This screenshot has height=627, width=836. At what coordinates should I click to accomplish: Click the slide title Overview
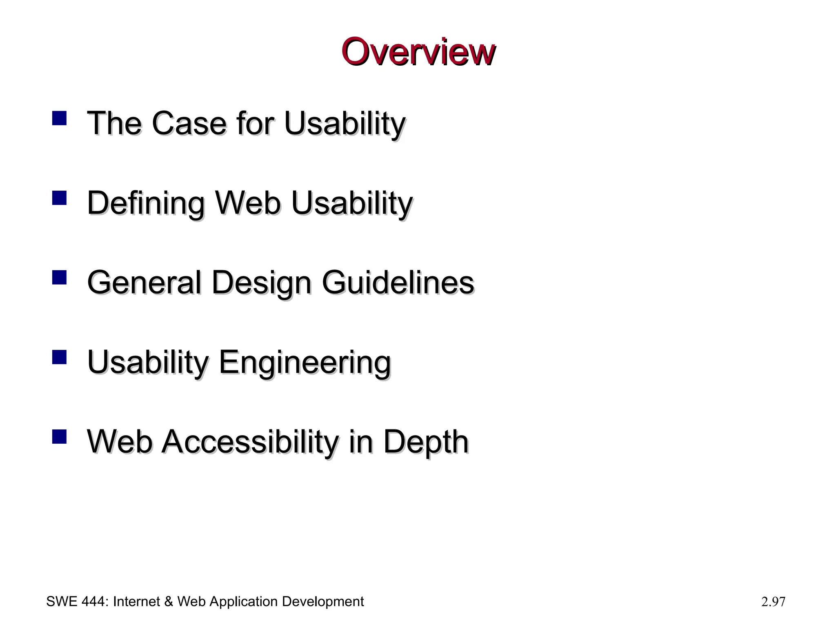point(418,52)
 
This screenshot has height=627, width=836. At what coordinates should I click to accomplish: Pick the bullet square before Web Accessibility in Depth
point(59,437)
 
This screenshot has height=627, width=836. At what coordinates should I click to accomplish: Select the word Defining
point(146,203)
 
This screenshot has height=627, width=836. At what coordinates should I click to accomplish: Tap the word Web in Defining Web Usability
point(248,203)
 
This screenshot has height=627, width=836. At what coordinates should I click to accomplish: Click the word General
point(144,282)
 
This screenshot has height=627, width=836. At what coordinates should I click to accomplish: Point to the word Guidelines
point(398,282)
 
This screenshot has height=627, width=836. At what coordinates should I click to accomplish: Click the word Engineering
point(305,362)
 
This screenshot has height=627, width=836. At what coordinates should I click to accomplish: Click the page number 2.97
point(773,602)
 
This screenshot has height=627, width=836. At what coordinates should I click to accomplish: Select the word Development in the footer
point(322,602)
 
